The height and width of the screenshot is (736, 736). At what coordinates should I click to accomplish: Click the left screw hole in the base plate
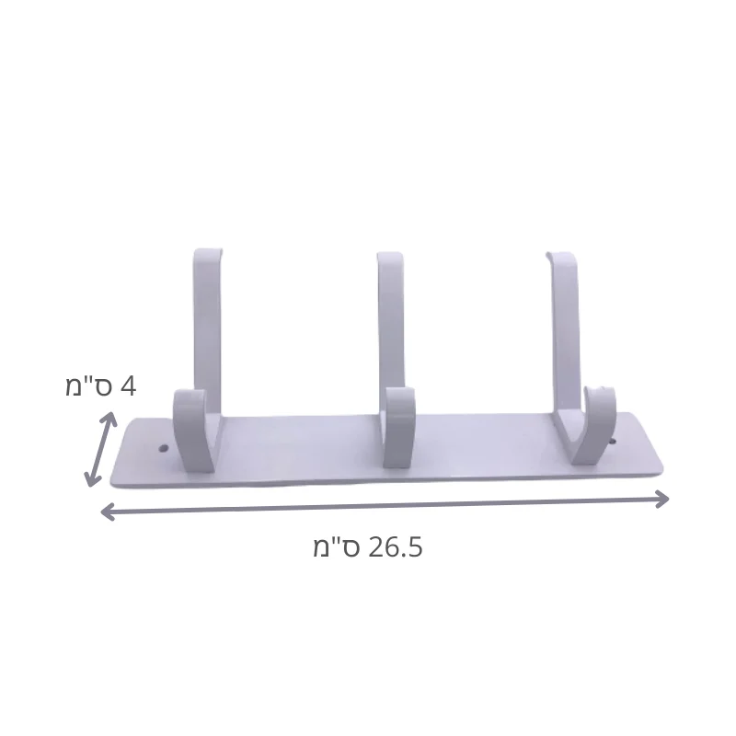click(163, 448)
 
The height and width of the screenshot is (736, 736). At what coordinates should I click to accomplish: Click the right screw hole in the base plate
click(612, 442)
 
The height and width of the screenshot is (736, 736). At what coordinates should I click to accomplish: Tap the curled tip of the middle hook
click(400, 396)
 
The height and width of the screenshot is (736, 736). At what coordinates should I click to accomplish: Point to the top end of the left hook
click(208, 252)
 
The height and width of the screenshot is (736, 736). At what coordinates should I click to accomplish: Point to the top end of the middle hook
click(390, 256)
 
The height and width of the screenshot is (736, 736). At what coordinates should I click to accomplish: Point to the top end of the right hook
click(560, 256)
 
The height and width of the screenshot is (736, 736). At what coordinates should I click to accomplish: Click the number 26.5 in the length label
click(397, 547)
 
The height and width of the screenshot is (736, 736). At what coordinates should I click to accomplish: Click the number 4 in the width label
click(128, 387)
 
